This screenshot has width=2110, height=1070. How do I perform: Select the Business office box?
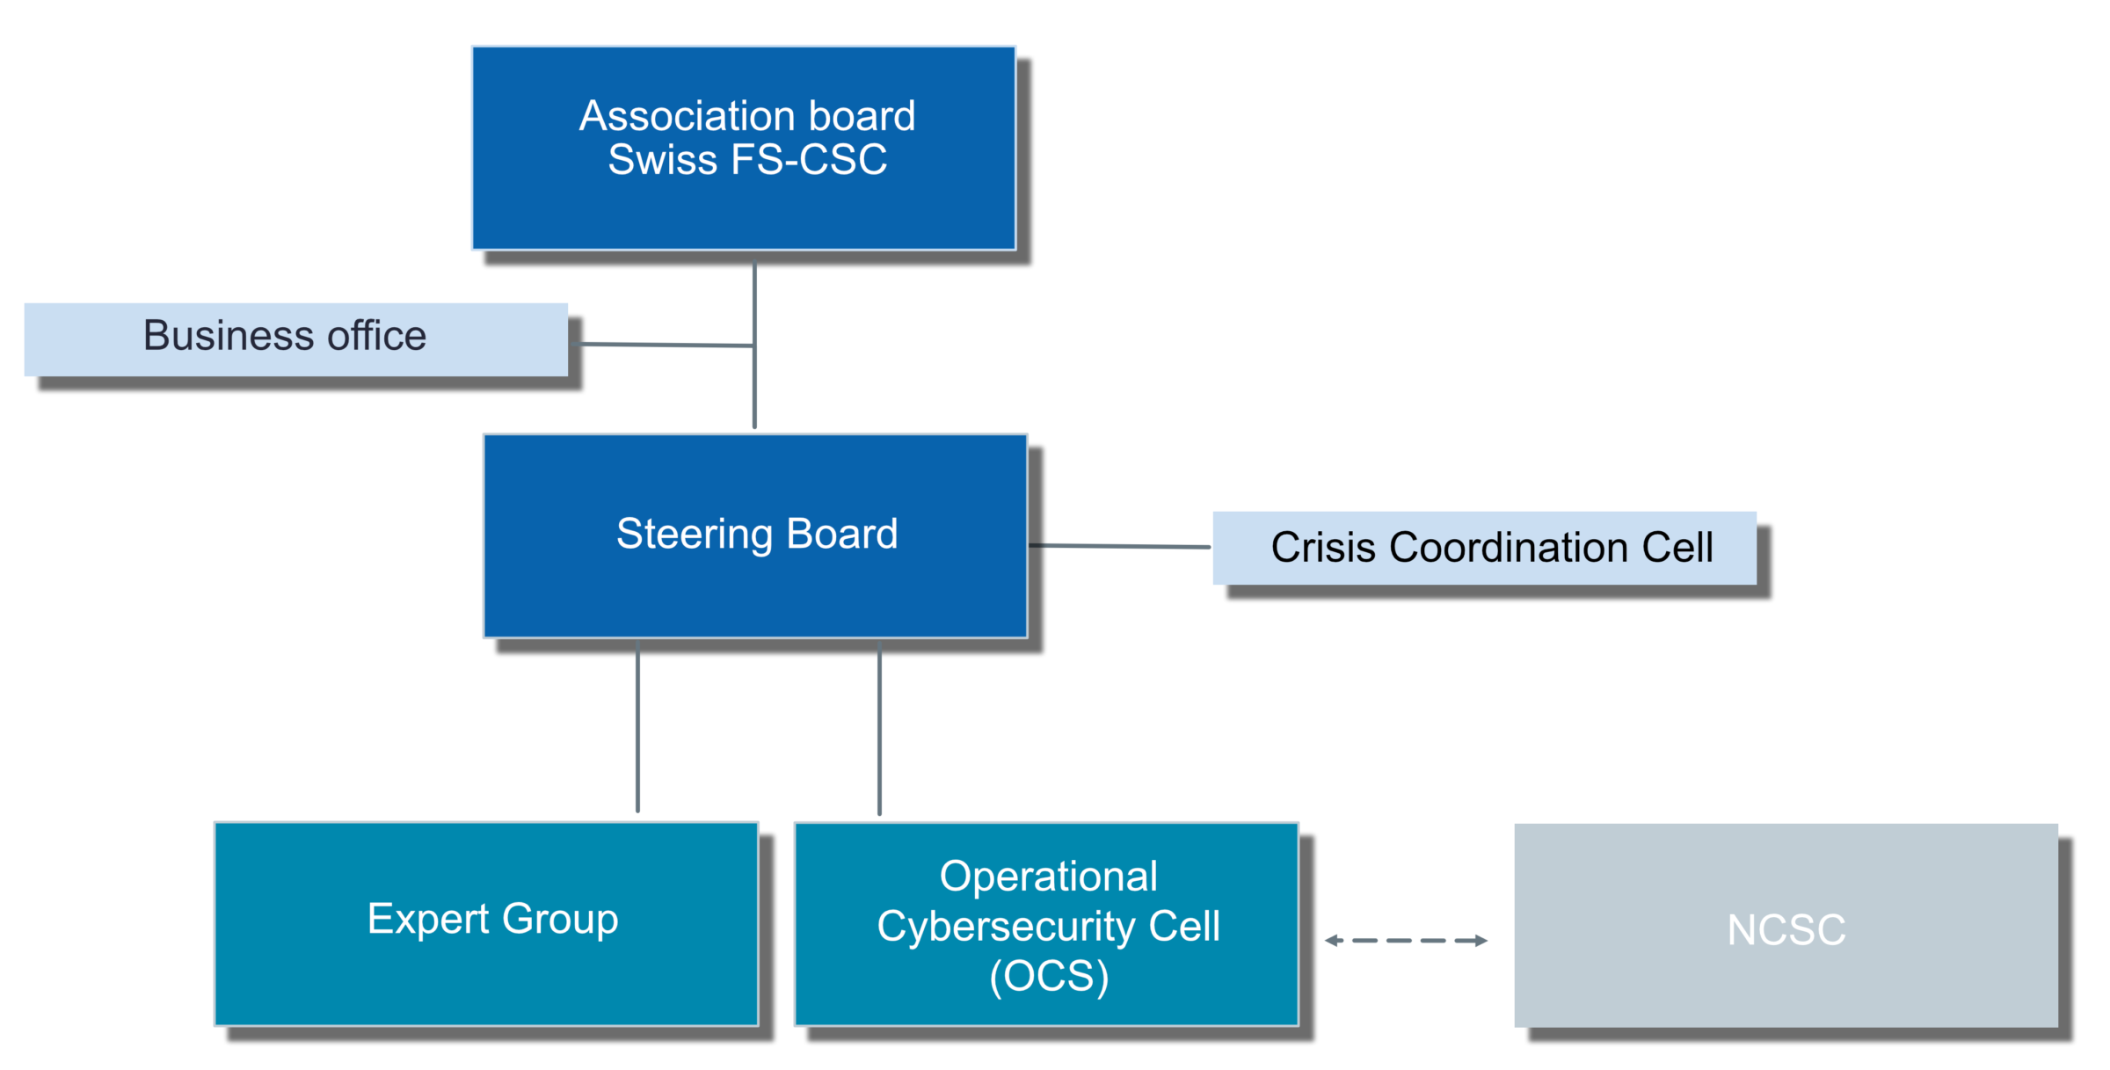[x=295, y=339]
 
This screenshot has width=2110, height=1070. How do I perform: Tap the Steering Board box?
[x=755, y=580]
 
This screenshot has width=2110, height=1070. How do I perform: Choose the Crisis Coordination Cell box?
[x=1484, y=548]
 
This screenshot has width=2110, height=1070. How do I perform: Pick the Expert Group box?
[x=486, y=967]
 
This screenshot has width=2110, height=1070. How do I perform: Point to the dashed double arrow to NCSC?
[x=1406, y=940]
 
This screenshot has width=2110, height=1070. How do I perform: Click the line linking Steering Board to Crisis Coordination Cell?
[x=1119, y=546]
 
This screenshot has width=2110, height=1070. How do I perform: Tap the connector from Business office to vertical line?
[x=666, y=345]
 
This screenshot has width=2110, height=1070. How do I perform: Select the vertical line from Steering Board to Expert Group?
[x=637, y=726]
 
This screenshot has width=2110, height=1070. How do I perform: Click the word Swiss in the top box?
[x=662, y=160]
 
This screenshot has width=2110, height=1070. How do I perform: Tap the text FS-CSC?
[x=808, y=160]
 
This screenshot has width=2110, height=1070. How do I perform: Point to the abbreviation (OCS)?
[x=1049, y=976]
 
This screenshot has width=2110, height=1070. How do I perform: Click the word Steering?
[x=694, y=535]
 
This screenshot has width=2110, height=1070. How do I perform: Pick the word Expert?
[x=427, y=920]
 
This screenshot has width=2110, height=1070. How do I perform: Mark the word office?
[x=376, y=336]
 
